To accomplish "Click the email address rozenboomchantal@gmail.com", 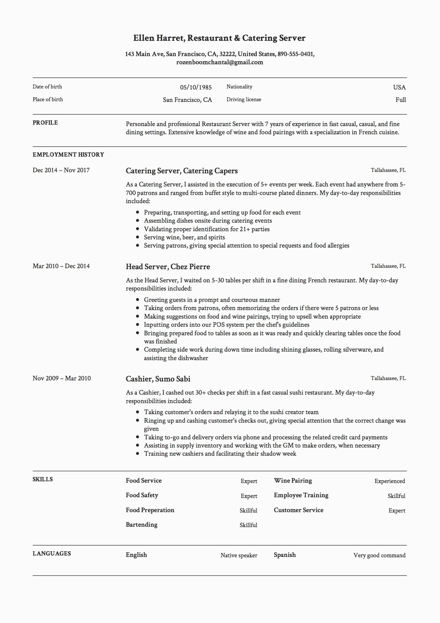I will click(x=219, y=63).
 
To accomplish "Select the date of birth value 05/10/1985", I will click(x=196, y=87).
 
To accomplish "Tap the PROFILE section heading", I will click(x=45, y=123).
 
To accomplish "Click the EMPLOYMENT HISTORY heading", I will click(x=68, y=155).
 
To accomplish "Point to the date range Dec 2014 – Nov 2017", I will click(x=61, y=170).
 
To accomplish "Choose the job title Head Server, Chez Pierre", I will click(x=168, y=267).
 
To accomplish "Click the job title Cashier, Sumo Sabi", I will click(x=158, y=379).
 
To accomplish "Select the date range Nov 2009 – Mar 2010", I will click(x=61, y=379).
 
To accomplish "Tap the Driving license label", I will click(x=244, y=100).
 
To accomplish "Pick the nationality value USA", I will click(x=399, y=87).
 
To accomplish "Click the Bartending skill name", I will click(x=141, y=525).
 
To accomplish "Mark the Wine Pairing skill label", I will click(x=293, y=481).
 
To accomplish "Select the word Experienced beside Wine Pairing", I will click(x=390, y=481).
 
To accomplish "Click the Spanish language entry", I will click(x=284, y=555).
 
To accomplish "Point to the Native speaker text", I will click(x=239, y=556).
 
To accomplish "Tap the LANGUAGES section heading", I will click(x=51, y=554).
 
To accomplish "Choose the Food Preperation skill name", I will click(x=150, y=510).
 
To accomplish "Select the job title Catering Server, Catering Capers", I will click(x=181, y=171).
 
